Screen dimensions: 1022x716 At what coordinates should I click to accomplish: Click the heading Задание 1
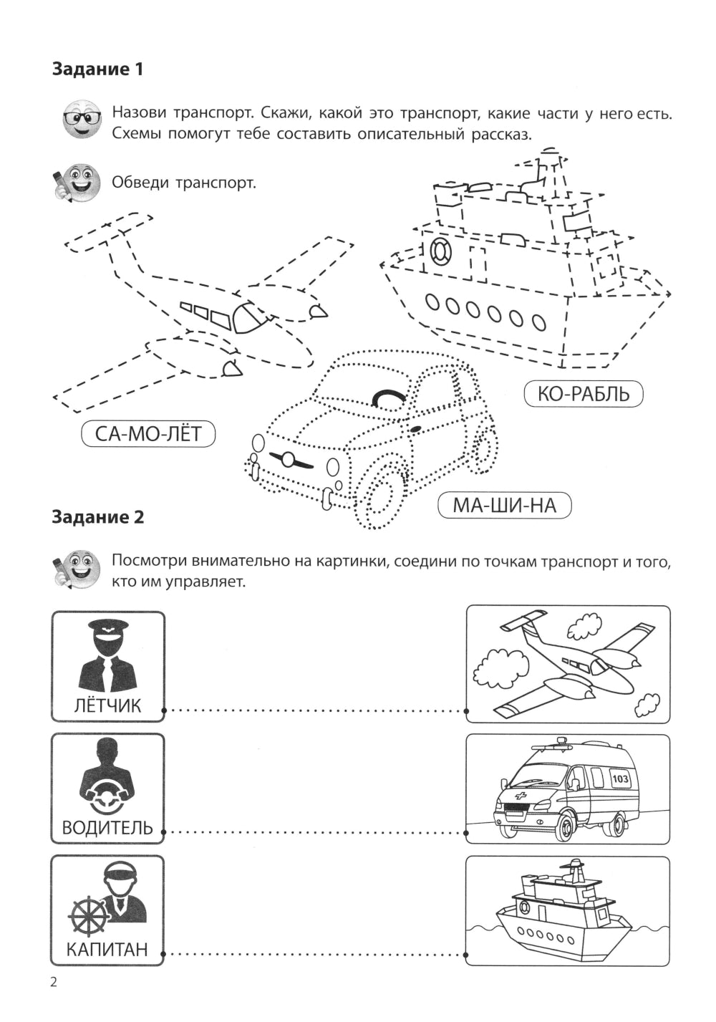click(x=98, y=69)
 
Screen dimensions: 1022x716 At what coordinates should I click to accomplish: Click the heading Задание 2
click(x=98, y=516)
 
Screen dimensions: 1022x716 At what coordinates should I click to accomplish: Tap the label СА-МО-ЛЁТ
click(x=148, y=434)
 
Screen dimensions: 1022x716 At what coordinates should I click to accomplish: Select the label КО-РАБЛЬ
click(x=584, y=393)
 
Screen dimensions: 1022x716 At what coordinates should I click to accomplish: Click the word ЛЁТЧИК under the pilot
click(x=108, y=705)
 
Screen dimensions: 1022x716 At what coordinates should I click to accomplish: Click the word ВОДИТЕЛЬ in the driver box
click(x=108, y=828)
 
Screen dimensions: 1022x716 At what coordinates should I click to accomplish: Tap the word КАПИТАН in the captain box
click(x=108, y=950)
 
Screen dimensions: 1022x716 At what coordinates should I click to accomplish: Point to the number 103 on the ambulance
click(x=620, y=778)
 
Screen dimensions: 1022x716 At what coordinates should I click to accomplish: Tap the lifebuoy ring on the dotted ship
click(x=440, y=250)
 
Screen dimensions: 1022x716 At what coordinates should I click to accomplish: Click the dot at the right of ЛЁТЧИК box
click(x=165, y=711)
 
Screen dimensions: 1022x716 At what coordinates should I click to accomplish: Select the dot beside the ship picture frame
click(x=467, y=954)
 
